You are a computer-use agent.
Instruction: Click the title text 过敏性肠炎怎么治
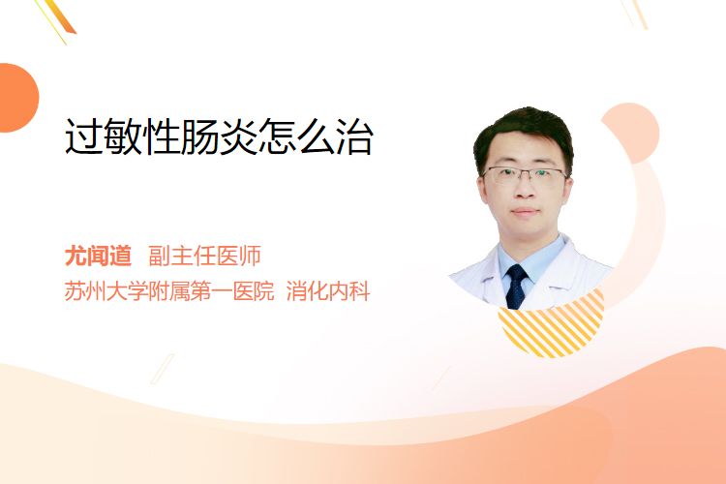coord(219,136)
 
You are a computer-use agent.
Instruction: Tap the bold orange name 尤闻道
coord(98,256)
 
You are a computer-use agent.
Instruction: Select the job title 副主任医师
coord(204,256)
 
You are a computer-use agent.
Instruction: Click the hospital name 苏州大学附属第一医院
coord(169,291)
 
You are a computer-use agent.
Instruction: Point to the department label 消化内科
coord(328,291)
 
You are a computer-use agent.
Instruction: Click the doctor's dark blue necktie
coord(516,287)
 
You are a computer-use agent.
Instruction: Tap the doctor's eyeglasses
coord(525,175)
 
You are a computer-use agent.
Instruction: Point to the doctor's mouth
coord(525,212)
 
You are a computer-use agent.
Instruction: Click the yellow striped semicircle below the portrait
coord(551,326)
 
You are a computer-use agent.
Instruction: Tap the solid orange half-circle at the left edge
coord(17,98)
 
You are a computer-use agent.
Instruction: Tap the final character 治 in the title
coord(354,136)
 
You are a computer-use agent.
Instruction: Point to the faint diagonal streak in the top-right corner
coord(637,14)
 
